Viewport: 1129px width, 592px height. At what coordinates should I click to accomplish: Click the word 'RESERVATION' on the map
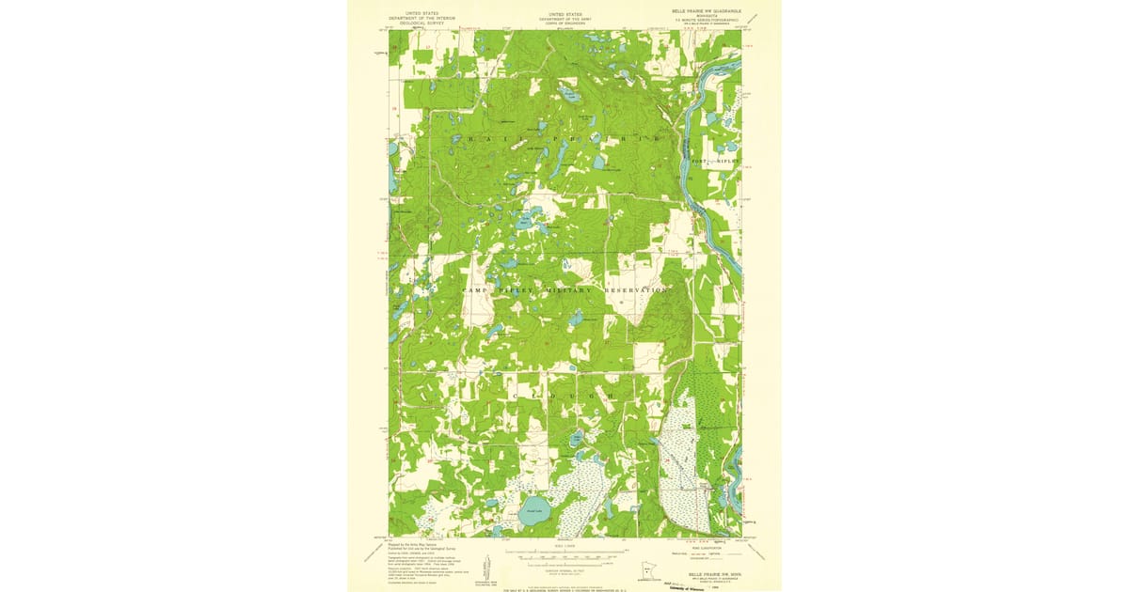point(639,291)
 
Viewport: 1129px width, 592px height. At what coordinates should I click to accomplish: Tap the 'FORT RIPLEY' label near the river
point(713,162)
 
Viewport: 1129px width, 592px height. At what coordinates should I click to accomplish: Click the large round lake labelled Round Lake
point(533,513)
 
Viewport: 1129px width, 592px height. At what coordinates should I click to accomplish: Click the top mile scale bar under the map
point(564,552)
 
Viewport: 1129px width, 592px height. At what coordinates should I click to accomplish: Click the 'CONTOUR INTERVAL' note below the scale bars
point(564,570)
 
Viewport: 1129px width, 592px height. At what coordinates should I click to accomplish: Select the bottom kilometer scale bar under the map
point(564,563)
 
